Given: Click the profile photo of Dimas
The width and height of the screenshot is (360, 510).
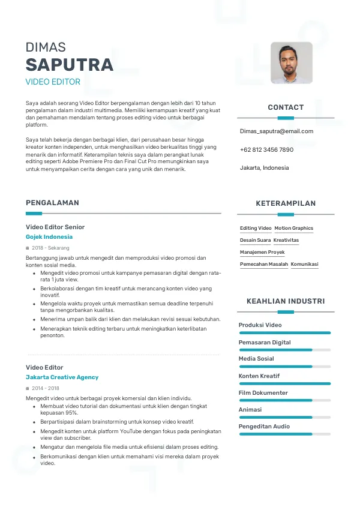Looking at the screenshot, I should tap(292, 62).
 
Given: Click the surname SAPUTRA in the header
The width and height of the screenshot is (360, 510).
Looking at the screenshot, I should tap(70, 65).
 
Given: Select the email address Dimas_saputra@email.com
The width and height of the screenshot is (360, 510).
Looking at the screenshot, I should tap(277, 131).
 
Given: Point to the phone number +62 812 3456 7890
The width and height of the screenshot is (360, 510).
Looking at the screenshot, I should tap(266, 149).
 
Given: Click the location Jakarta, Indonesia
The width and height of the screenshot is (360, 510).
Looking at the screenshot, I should tap(264, 167).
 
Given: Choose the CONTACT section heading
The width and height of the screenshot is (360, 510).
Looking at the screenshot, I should tap(286, 107).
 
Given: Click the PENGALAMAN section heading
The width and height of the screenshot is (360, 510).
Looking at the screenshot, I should tap(52, 203).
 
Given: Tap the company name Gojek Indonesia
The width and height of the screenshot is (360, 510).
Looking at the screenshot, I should tap(49, 237).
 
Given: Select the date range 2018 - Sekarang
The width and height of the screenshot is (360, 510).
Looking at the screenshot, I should tap(50, 248).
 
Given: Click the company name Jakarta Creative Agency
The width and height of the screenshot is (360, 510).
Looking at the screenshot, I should tap(62, 377).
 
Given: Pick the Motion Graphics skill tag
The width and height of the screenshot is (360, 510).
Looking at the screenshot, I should tap(294, 229).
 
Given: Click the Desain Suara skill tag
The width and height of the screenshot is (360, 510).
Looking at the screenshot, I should tap(255, 240).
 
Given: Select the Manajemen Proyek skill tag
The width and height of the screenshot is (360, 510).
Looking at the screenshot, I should tap(262, 253).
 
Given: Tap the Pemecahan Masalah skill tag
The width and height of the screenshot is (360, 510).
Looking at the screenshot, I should tap(264, 264).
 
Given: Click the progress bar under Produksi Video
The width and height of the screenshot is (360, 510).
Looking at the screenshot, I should tap(285, 332).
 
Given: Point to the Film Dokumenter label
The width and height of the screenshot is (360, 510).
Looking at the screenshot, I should tap(263, 393).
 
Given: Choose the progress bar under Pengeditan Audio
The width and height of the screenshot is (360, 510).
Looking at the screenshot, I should tap(285, 434).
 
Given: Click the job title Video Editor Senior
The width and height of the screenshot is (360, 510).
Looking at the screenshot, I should tap(55, 227).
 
